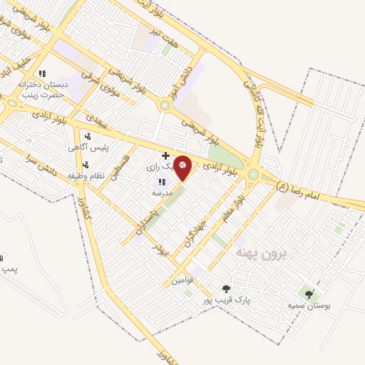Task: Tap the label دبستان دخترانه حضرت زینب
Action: click(x=41, y=89)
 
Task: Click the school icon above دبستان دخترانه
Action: click(x=42, y=73)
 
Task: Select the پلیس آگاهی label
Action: click(x=83, y=147)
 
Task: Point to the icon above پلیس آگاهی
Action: click(x=87, y=135)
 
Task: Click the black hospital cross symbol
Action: click(x=165, y=155)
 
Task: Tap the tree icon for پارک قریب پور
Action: click(x=226, y=289)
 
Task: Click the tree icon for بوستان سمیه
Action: click(x=308, y=293)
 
